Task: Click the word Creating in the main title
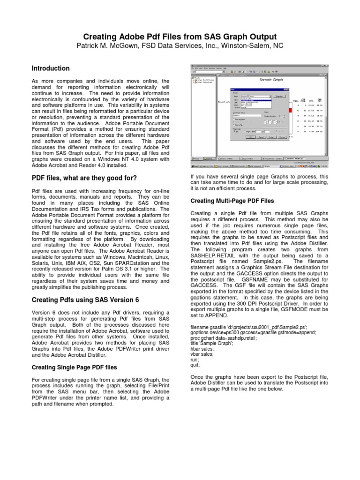click(x=100, y=37)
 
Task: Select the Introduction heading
click(x=50, y=68)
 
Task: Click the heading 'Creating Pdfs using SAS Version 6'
click(x=85, y=299)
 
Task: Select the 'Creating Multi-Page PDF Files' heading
click(x=232, y=201)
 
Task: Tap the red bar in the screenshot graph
click(x=291, y=110)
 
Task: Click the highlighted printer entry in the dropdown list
click(x=255, y=100)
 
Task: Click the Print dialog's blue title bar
click(x=258, y=89)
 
